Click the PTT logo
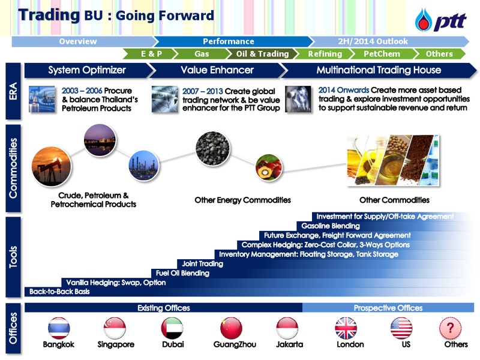(x=441, y=20)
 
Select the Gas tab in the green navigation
(x=202, y=54)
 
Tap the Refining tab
(x=325, y=54)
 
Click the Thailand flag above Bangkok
(x=59, y=328)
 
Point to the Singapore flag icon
(x=115, y=328)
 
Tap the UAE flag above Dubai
(x=172, y=328)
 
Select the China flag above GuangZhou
(x=231, y=328)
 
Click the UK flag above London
(x=346, y=328)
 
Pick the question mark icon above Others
(x=450, y=328)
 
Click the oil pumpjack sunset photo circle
(x=52, y=167)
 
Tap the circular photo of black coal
(x=212, y=148)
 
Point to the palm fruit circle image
(x=269, y=167)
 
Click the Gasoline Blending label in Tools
(x=331, y=226)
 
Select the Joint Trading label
(x=203, y=263)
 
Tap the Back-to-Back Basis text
(x=59, y=292)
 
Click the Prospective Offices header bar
(x=388, y=308)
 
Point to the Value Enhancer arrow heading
(x=217, y=70)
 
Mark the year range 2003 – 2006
(x=82, y=91)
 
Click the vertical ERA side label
(x=13, y=91)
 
